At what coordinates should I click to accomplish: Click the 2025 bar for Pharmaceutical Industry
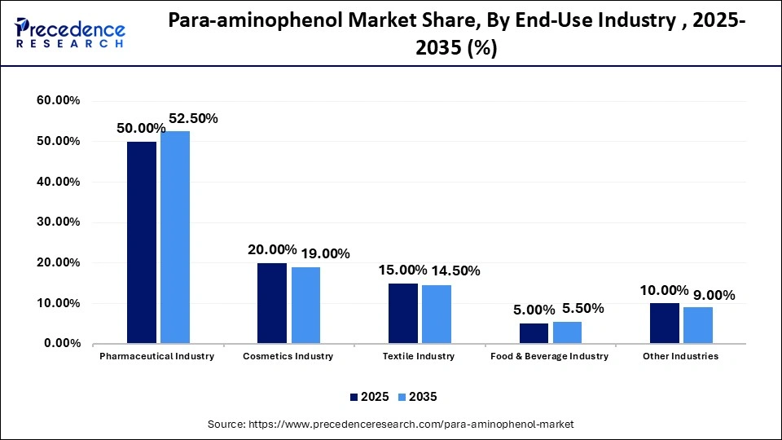click(142, 242)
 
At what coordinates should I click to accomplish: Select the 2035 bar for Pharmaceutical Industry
click(175, 237)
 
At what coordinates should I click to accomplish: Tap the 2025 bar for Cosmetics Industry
click(272, 303)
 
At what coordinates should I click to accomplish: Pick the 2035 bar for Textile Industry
click(437, 314)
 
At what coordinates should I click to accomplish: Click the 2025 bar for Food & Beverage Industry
click(534, 333)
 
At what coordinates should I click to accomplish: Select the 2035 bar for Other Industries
click(698, 325)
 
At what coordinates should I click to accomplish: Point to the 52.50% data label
click(193, 118)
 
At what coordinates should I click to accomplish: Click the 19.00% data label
click(325, 253)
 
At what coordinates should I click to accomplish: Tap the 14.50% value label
click(456, 271)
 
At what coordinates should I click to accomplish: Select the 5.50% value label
click(583, 308)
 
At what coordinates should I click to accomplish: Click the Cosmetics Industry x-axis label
click(288, 356)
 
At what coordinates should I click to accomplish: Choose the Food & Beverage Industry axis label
click(549, 356)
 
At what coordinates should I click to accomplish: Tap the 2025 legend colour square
click(354, 397)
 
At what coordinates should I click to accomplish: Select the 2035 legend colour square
click(401, 397)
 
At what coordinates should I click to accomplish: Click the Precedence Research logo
click(70, 33)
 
